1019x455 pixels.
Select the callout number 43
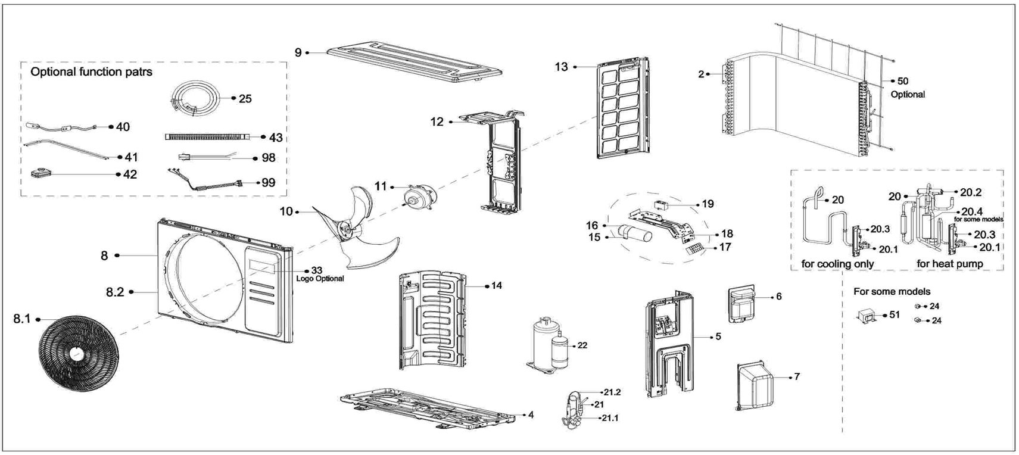(x=276, y=138)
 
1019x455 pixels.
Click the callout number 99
(x=269, y=182)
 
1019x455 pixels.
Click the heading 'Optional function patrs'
(x=91, y=72)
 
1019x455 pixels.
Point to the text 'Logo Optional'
(x=320, y=279)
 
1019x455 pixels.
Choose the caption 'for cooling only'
(x=837, y=264)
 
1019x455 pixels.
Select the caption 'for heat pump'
(x=950, y=264)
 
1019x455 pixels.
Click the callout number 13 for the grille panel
(x=562, y=67)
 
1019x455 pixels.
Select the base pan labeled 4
(x=428, y=408)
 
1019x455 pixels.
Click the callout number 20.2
(x=971, y=192)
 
